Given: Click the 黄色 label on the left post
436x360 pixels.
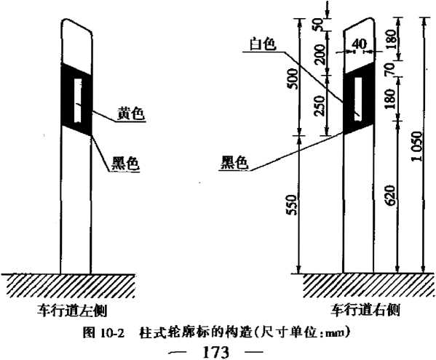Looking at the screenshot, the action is (x=131, y=114).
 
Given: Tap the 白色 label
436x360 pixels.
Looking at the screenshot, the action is (x=263, y=44).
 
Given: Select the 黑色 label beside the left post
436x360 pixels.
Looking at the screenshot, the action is (x=125, y=164).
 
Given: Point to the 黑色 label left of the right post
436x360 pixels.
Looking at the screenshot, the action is (x=234, y=162).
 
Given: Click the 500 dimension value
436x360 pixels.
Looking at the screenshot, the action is (x=293, y=79).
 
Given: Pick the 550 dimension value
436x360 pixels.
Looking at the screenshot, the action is (x=292, y=205).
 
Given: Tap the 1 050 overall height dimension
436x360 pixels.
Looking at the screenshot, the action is (x=418, y=146).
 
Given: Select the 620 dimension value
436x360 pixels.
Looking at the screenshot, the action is (x=391, y=195).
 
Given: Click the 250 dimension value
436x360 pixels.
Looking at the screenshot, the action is (x=320, y=105).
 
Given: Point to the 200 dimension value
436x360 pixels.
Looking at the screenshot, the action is (x=320, y=55).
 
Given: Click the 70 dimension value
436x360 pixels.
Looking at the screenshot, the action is (x=390, y=69).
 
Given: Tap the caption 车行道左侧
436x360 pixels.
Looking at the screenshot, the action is (x=73, y=311).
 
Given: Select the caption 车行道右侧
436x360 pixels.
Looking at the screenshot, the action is (x=365, y=310).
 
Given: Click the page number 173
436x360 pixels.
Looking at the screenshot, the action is (x=216, y=353).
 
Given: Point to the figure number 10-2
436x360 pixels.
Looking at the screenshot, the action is (x=112, y=332).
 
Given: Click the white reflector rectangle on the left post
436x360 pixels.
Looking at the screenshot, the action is (x=78, y=100).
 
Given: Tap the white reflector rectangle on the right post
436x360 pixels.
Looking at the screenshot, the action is (x=358, y=99).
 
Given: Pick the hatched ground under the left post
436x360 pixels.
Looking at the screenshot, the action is (x=68, y=286).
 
